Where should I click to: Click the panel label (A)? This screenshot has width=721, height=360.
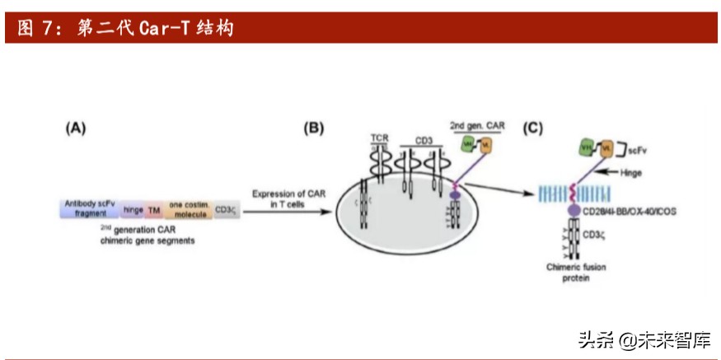75,128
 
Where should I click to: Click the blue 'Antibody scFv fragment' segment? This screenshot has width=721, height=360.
89,210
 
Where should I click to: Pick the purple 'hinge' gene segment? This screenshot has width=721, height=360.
133,210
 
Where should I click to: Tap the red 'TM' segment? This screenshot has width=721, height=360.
154,210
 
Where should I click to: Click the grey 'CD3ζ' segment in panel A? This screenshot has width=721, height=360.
225,210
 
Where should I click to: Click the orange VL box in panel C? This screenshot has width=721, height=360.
608,149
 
